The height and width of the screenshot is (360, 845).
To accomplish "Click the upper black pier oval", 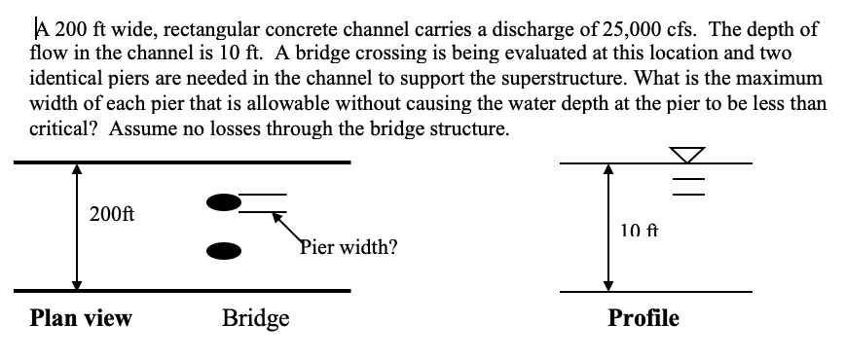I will (222, 202).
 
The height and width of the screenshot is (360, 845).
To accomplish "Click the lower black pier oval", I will (223, 250).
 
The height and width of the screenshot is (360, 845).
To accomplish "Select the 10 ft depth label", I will (639, 231).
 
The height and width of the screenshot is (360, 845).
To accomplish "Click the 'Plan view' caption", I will (82, 318).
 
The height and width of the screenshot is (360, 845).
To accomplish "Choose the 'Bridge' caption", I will (256, 318).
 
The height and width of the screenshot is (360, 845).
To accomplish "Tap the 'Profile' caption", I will (643, 318).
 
